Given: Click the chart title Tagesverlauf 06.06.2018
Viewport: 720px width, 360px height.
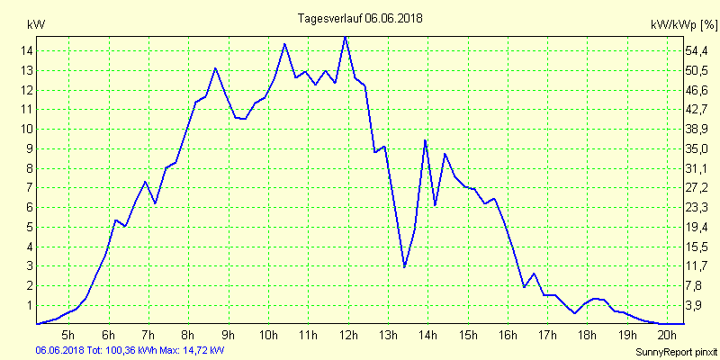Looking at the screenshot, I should pyautogui.click(x=360, y=18).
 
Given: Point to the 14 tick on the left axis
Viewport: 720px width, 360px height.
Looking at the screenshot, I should pyautogui.click(x=28, y=51).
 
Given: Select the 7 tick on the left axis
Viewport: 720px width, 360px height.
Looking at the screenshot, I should pyautogui.click(x=28, y=188).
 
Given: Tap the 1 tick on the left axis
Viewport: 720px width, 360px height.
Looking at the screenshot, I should pyautogui.click(x=28, y=306).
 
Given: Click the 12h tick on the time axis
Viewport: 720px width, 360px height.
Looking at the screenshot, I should pyautogui.click(x=347, y=337).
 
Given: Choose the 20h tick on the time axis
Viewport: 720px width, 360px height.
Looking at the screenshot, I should pyautogui.click(x=666, y=337).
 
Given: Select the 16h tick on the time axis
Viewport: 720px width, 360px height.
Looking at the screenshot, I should pyautogui.click(x=507, y=337).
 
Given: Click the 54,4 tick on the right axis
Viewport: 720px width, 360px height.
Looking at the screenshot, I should pyautogui.click(x=698, y=51).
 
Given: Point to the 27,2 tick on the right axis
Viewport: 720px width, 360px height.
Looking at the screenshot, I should pyautogui.click(x=698, y=188).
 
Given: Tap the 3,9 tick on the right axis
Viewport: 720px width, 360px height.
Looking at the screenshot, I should pyautogui.click(x=698, y=306).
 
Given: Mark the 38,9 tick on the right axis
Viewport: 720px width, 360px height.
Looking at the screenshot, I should pyautogui.click(x=698, y=130).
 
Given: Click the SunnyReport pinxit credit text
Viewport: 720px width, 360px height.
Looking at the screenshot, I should pyautogui.click(x=675, y=352).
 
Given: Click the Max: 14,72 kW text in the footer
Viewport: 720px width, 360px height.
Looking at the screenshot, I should pyautogui.click(x=193, y=350).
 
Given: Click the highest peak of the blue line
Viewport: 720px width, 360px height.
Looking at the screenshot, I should pyautogui.click(x=346, y=37).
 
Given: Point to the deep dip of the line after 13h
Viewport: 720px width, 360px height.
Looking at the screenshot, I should pyautogui.click(x=405, y=267).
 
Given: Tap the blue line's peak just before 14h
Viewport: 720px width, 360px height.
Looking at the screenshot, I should pyautogui.click(x=425, y=140).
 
